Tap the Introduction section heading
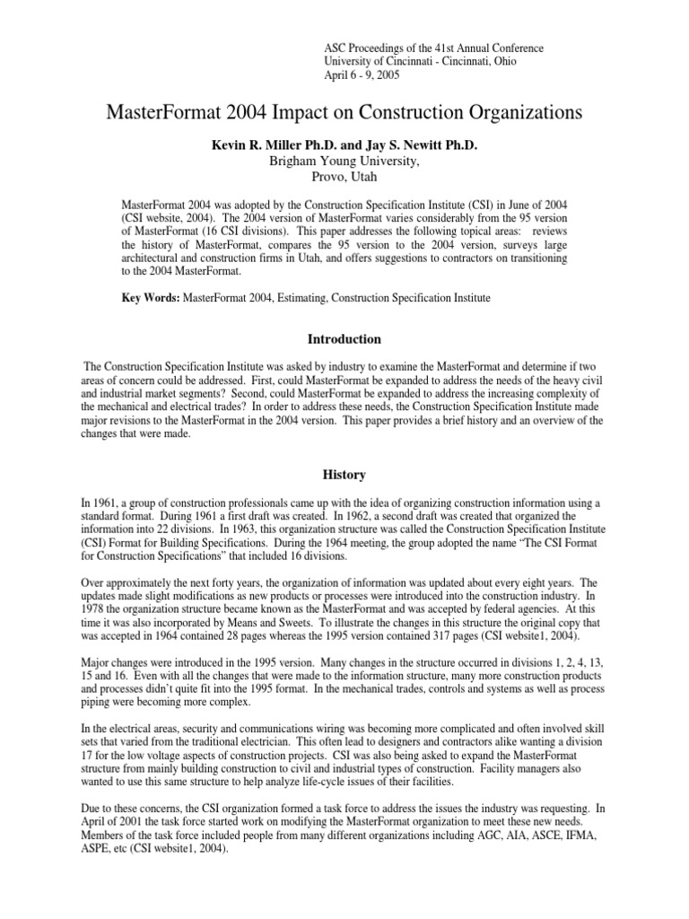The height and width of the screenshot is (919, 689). click(344, 339)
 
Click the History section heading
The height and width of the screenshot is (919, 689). click(344, 473)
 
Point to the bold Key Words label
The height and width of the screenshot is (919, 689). click(151, 297)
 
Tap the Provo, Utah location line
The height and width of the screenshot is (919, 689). click(344, 177)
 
